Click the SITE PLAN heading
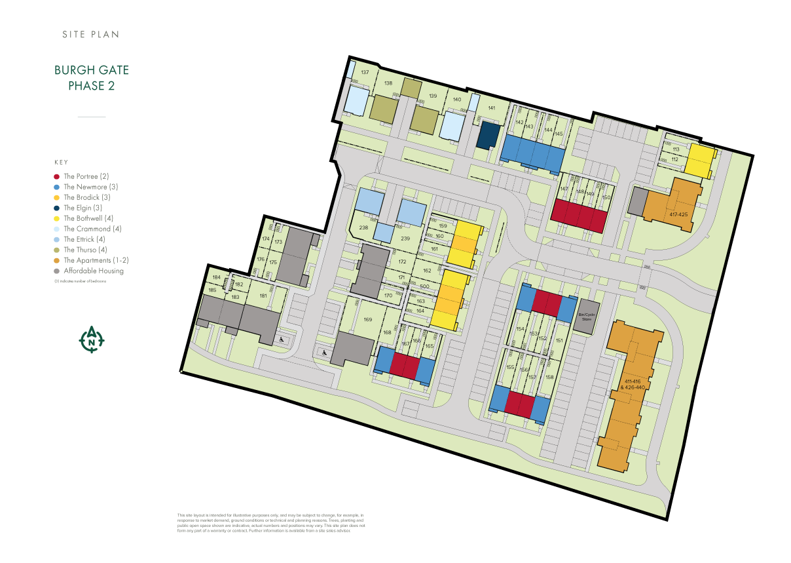point(91,34)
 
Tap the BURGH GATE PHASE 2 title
point(92,77)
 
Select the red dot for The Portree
point(57,176)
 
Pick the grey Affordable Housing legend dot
point(57,271)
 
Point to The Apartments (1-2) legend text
point(96,260)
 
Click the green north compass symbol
point(92,340)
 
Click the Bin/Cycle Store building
point(586,317)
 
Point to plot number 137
point(365,72)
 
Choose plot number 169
point(367,319)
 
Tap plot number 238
point(363,228)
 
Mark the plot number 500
point(424,286)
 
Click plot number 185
point(212,290)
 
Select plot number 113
point(675,149)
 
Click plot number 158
point(549,377)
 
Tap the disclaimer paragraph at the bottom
point(270,523)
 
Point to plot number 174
point(265,239)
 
